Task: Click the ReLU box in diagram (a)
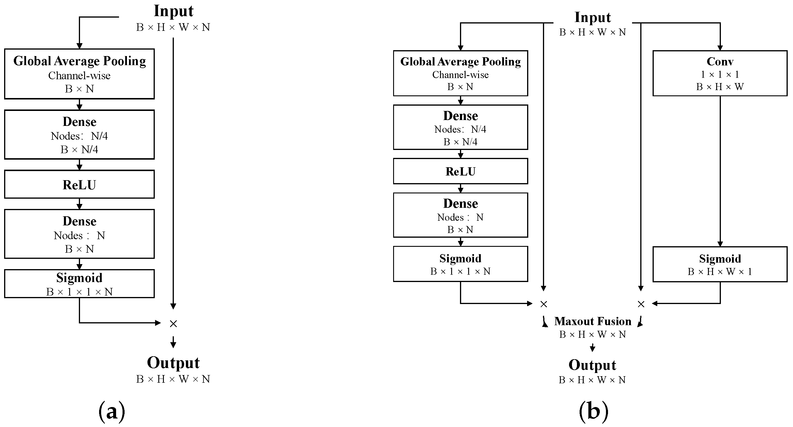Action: pyautogui.click(x=79, y=185)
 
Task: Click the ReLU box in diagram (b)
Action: pyautogui.click(x=460, y=171)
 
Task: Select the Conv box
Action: pyautogui.click(x=720, y=73)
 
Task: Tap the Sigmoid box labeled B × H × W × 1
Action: pyautogui.click(x=720, y=264)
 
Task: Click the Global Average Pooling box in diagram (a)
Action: pyautogui.click(x=79, y=74)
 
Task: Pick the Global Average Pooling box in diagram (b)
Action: pyautogui.click(x=460, y=73)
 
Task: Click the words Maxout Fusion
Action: pyautogui.click(x=592, y=321)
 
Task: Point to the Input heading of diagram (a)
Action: pyautogui.click(x=174, y=11)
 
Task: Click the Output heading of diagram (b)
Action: pyautogui.click(x=592, y=365)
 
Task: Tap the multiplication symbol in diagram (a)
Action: pyautogui.click(x=173, y=323)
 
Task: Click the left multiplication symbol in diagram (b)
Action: pyautogui.click(x=544, y=304)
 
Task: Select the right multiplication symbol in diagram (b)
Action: pyautogui.click(x=641, y=304)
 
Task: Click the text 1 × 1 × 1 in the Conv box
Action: pyautogui.click(x=720, y=75)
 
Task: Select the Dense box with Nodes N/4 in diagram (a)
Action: pyautogui.click(x=79, y=135)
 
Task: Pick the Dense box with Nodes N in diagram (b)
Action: pyautogui.click(x=460, y=215)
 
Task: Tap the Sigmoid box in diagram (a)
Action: pyautogui.click(x=79, y=284)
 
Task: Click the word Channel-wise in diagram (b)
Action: pyautogui.click(x=460, y=75)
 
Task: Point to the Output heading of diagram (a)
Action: pyautogui.click(x=173, y=363)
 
